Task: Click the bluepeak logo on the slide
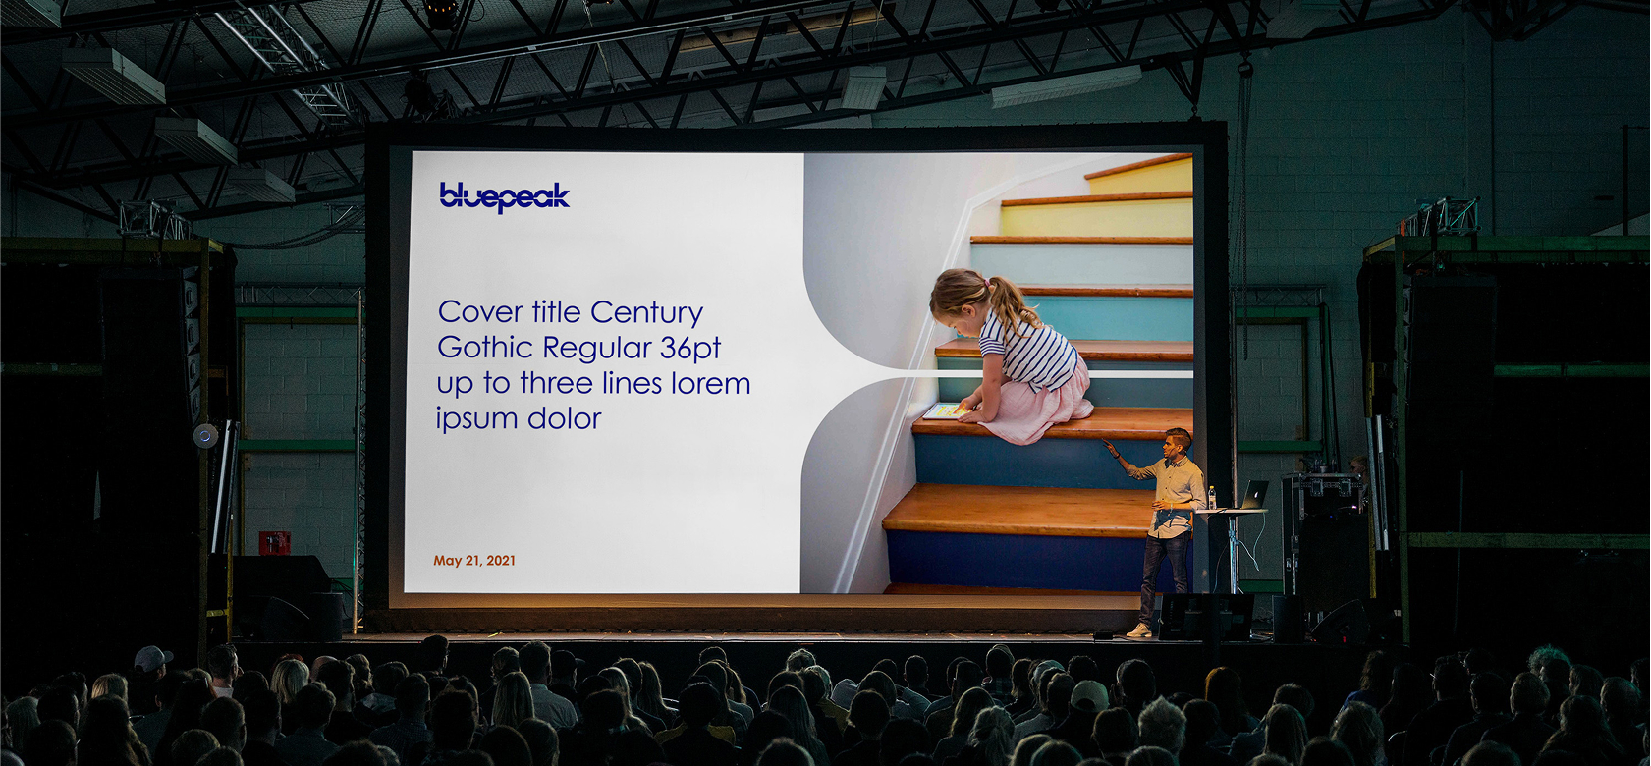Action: click(x=504, y=196)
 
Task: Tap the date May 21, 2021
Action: click(x=474, y=561)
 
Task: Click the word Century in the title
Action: click(x=646, y=313)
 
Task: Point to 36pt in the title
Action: click(x=689, y=349)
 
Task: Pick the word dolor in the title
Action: click(x=565, y=418)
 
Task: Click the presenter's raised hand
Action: click(x=1108, y=445)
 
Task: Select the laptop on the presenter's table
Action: click(x=1252, y=495)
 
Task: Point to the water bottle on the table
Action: click(x=1212, y=498)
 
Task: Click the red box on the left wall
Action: click(x=274, y=542)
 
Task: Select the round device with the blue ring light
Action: click(x=205, y=435)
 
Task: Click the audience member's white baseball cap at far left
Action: click(x=152, y=658)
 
